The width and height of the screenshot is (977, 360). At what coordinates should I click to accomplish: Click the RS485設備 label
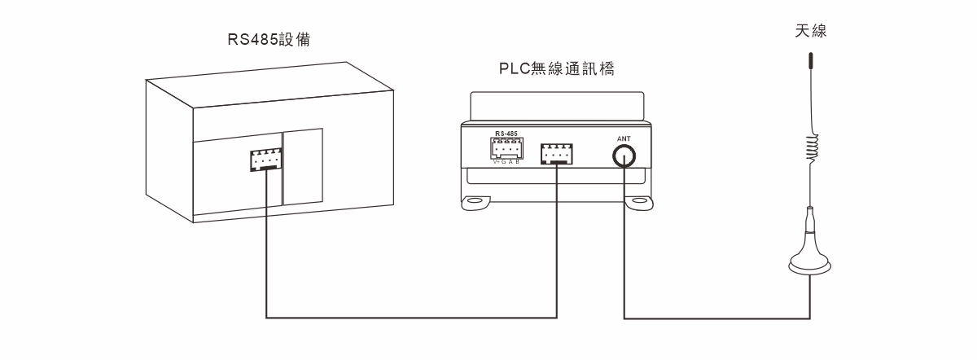(x=269, y=40)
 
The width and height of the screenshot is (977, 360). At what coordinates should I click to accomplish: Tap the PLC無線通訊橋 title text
(x=556, y=69)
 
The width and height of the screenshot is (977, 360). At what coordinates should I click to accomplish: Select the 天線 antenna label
(x=811, y=32)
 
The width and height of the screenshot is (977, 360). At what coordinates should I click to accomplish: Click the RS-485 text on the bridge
(x=506, y=133)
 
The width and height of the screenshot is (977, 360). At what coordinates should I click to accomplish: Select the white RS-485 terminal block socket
(x=506, y=148)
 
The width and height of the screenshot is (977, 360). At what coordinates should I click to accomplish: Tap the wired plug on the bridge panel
(x=557, y=153)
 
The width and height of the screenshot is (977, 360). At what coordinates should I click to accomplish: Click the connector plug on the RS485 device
(x=265, y=160)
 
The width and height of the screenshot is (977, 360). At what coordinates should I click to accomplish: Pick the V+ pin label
(x=496, y=161)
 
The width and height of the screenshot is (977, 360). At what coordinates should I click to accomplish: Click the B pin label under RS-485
(x=519, y=161)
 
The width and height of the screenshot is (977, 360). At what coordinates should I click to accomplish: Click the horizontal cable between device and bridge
(x=411, y=317)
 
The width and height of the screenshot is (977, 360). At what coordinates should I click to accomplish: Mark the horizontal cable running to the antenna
(x=716, y=317)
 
